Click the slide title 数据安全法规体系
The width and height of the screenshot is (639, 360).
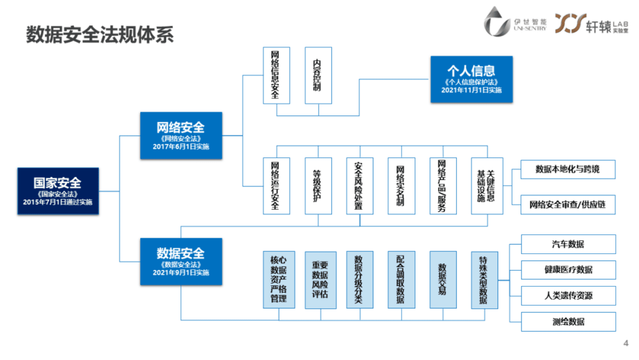100,35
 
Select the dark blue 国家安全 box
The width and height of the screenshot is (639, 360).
58,191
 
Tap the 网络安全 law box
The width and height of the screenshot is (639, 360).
181,136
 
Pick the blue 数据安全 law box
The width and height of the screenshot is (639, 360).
181,262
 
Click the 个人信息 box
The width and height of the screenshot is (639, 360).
471,79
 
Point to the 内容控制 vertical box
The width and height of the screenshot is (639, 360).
318,75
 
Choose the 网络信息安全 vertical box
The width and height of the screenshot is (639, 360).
276,75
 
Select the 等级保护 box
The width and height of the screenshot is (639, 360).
318,186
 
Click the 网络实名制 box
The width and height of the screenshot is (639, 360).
401,186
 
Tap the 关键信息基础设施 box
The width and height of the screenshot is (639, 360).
487,186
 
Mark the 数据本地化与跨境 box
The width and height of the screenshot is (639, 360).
567,170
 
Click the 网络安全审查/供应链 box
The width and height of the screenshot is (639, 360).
567,205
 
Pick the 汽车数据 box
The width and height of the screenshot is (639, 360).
568,244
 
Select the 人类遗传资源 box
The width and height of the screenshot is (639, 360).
568,296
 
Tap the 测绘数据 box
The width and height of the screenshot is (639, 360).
568,322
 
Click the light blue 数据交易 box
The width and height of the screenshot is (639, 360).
443,280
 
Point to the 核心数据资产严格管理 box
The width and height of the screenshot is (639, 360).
279,280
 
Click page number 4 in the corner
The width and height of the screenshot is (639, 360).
626,343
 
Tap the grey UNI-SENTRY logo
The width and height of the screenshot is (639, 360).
515,23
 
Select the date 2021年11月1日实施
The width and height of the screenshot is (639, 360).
471,90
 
